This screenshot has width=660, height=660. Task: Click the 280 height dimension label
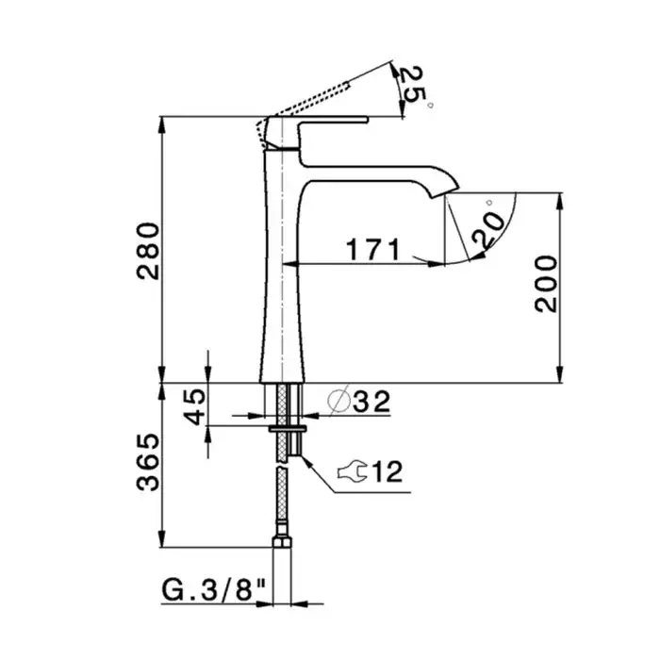point(148,251)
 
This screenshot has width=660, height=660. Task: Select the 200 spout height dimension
point(546,284)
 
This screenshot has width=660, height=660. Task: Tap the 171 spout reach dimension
point(372,249)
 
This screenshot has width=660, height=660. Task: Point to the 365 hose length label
point(148,462)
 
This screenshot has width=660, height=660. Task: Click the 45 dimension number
point(194,406)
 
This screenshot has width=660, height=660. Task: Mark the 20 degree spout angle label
point(488,230)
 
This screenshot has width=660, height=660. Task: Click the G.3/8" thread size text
point(214,590)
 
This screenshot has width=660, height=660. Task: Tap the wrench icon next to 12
point(352,471)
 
